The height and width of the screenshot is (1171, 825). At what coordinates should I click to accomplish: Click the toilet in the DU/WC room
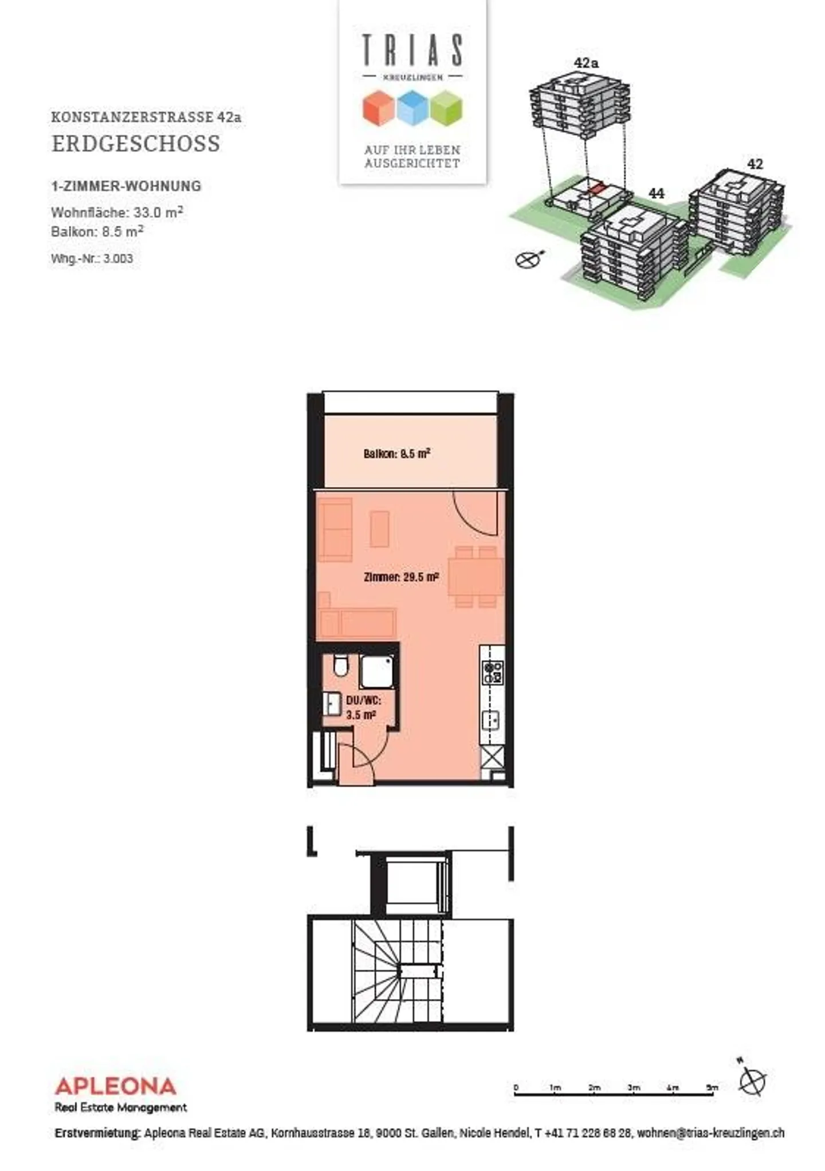click(340, 666)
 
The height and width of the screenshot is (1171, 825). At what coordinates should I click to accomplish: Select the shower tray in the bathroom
click(377, 672)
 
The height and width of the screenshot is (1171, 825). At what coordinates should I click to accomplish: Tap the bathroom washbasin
click(332, 704)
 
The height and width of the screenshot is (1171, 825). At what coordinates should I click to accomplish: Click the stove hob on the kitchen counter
click(493, 672)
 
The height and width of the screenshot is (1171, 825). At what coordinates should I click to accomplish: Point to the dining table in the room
click(476, 577)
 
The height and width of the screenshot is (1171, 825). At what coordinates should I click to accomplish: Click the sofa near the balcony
click(335, 529)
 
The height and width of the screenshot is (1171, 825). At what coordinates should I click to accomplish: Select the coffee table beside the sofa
click(379, 529)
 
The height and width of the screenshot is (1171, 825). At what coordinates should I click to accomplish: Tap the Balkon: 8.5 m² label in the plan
click(396, 454)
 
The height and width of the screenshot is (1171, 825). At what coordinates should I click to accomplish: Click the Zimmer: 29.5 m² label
click(401, 577)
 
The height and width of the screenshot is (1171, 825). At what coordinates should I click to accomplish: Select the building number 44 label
click(656, 194)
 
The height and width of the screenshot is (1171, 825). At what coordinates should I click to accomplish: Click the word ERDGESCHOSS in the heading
click(136, 144)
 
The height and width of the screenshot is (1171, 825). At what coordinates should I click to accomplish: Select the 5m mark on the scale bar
click(712, 1087)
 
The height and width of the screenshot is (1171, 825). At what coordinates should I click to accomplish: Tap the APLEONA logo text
click(115, 1086)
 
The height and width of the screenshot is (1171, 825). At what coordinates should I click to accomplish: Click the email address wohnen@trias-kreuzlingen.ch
click(710, 1133)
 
